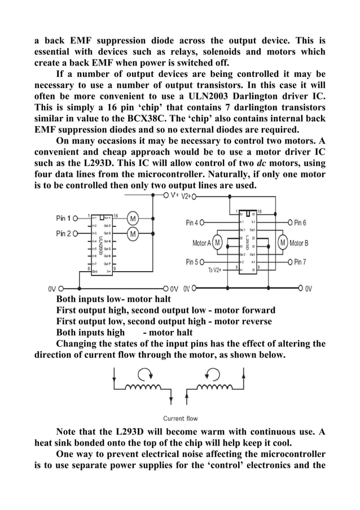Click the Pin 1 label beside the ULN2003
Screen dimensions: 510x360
(x=63, y=218)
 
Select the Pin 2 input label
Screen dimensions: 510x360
(x=63, y=233)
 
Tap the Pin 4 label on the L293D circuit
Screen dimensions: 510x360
(x=192, y=223)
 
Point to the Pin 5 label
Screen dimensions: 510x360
(x=192, y=262)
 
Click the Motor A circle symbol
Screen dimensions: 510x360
(x=217, y=243)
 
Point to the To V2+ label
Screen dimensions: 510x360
(x=216, y=270)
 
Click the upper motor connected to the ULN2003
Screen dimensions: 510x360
(x=133, y=219)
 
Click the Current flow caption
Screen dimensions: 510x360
(x=180, y=419)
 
